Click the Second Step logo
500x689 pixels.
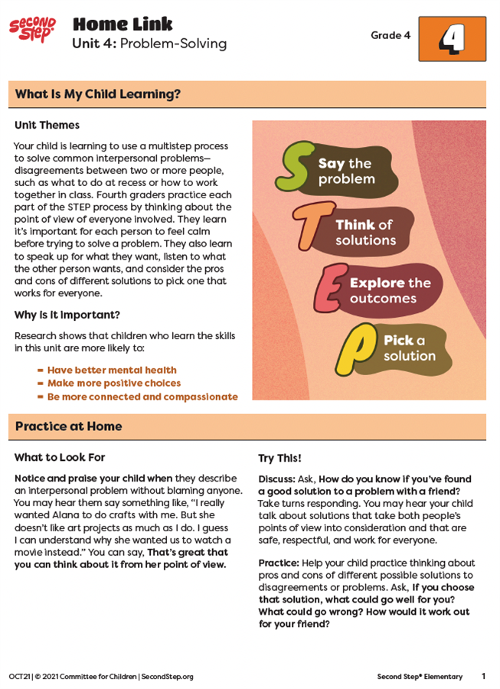[x=32, y=31]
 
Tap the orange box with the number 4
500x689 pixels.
[x=452, y=39]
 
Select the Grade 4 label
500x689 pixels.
[x=391, y=35]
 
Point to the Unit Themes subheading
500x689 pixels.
[x=47, y=125]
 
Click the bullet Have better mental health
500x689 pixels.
[x=112, y=370]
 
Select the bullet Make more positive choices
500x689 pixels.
[x=114, y=383]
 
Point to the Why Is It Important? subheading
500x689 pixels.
[x=67, y=315]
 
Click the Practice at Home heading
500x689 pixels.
[x=69, y=426]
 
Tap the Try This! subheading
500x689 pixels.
[x=279, y=458]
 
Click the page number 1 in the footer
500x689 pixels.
[x=483, y=676]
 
